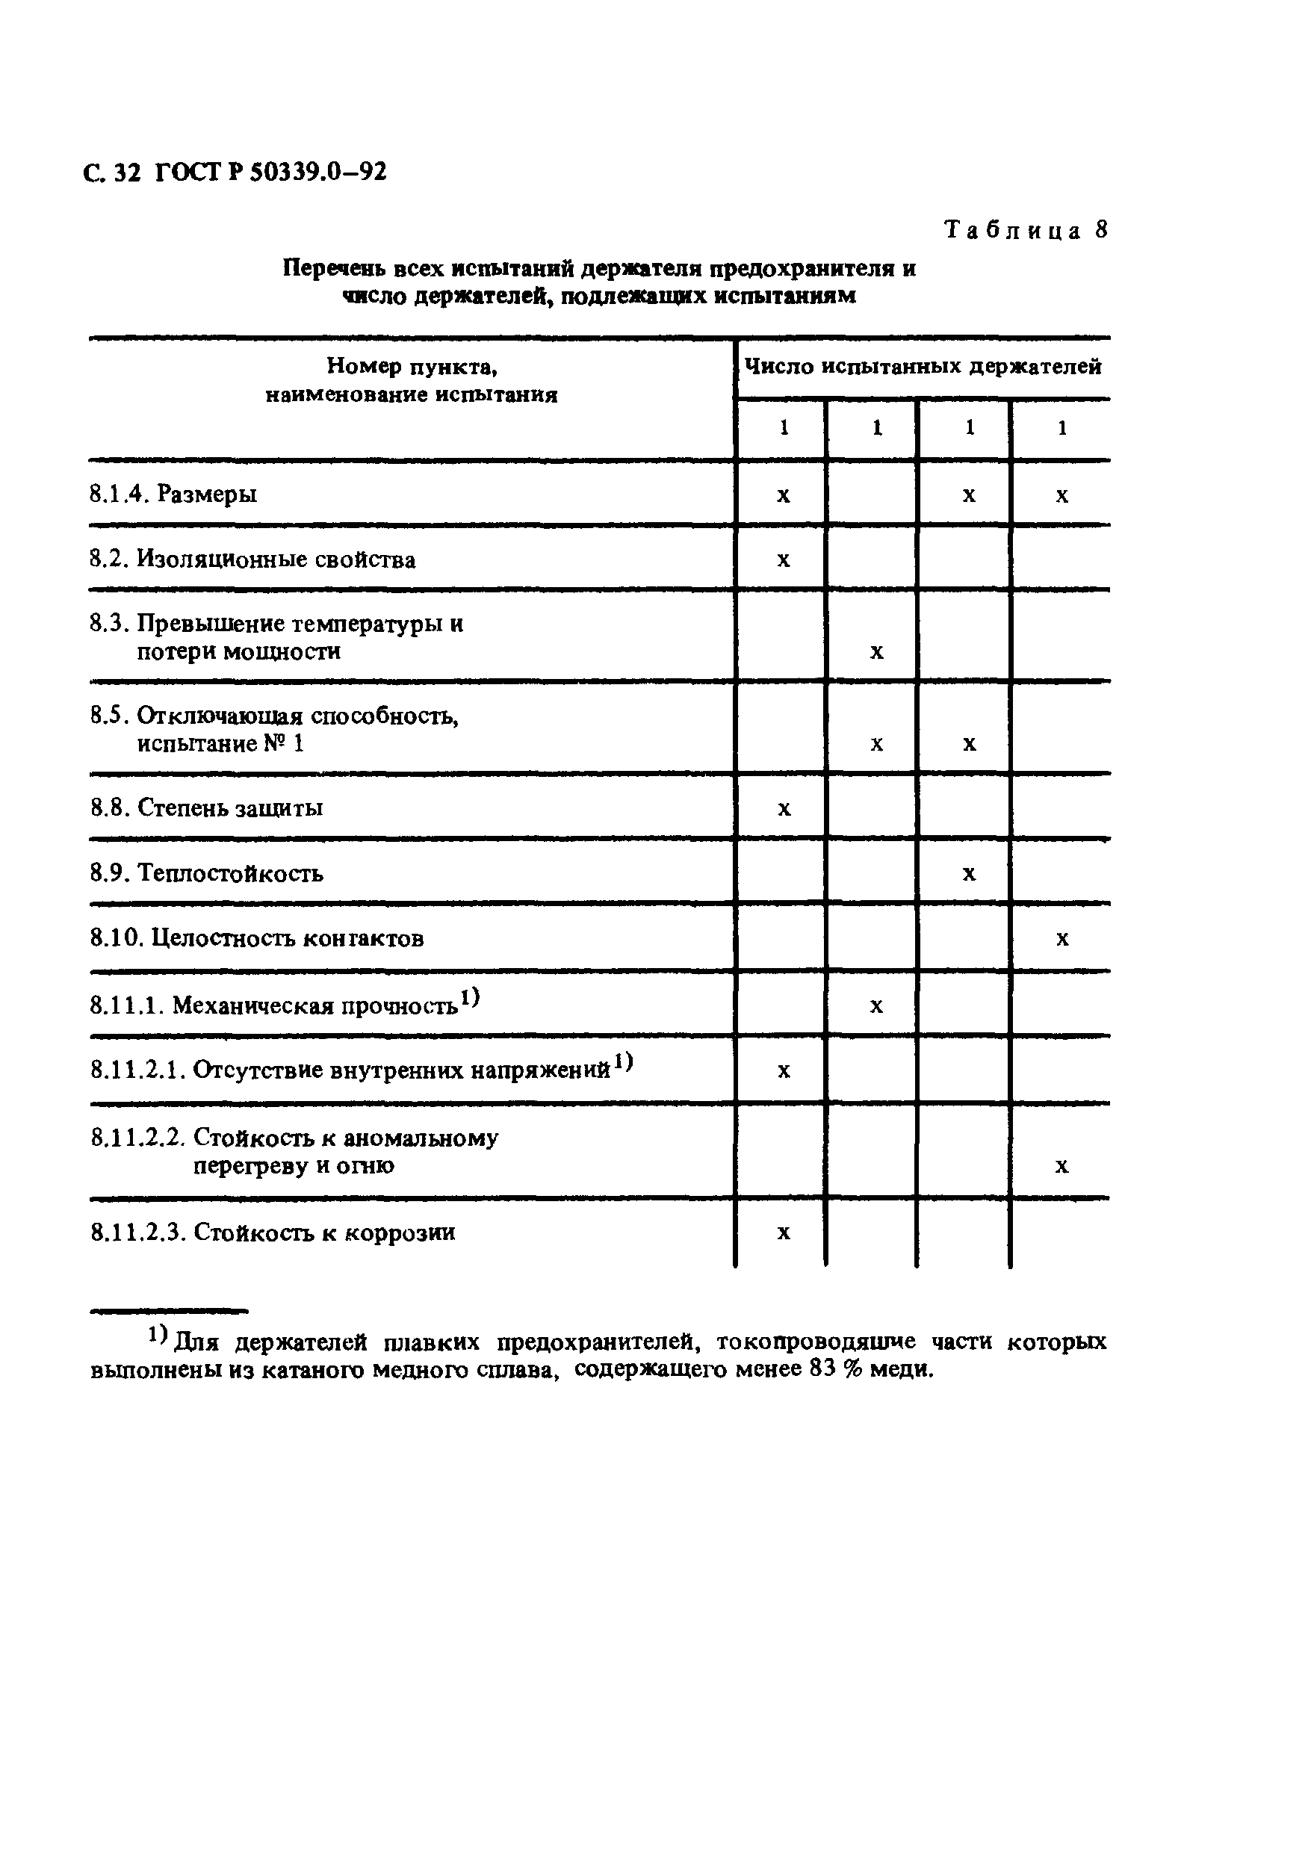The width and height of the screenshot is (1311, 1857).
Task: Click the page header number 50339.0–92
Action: pyautogui.click(x=317, y=173)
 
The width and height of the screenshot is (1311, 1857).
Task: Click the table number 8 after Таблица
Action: pyautogui.click(x=1101, y=230)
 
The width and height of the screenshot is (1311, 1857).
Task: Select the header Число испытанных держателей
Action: pyautogui.click(x=922, y=368)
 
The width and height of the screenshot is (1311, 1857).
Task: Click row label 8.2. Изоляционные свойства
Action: pyautogui.click(x=252, y=559)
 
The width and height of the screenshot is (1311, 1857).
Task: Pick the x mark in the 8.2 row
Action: pyautogui.click(x=783, y=559)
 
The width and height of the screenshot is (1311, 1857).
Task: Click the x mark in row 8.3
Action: pyautogui.click(x=877, y=652)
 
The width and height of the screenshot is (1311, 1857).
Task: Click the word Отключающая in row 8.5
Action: pyautogui.click(x=220, y=716)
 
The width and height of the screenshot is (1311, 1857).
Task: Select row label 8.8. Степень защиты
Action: pyautogui.click(x=206, y=807)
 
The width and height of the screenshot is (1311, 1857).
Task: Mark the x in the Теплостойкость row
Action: pyautogui.click(x=969, y=873)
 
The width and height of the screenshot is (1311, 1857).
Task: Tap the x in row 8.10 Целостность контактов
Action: pyautogui.click(x=1062, y=939)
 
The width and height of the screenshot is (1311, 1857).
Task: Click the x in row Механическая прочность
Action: pyautogui.click(x=877, y=1006)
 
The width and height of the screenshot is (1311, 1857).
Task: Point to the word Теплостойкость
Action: pyautogui.click(x=231, y=872)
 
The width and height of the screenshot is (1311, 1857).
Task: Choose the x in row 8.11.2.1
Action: pyautogui.click(x=783, y=1072)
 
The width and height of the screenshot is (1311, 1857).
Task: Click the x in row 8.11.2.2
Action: pyautogui.click(x=1062, y=1166)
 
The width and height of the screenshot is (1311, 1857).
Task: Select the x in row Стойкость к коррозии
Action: pyautogui.click(x=783, y=1233)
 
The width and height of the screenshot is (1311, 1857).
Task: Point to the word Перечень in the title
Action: pyautogui.click(x=333, y=268)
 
